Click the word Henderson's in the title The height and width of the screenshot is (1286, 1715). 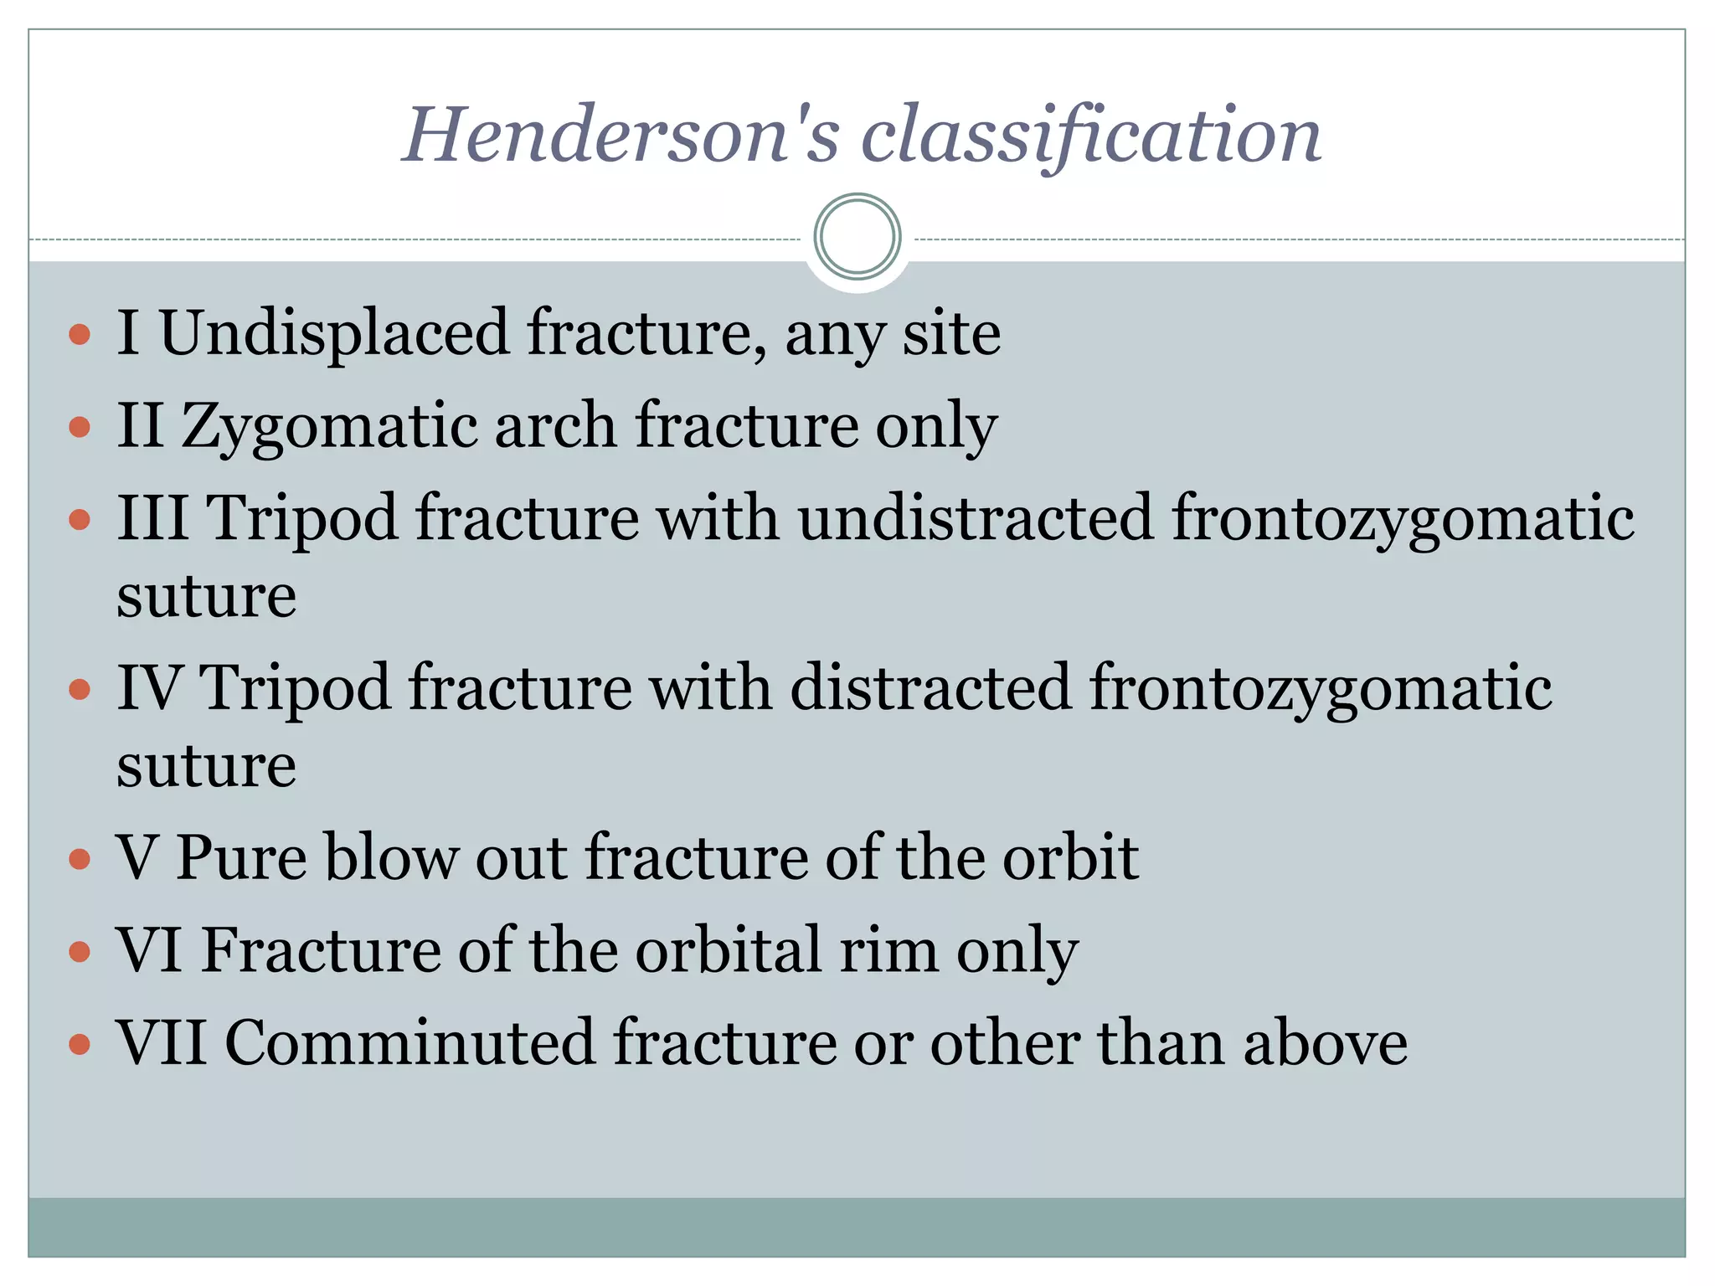coord(621,136)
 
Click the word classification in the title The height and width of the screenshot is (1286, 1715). coord(1090,136)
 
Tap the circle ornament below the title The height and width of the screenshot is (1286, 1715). coord(857,237)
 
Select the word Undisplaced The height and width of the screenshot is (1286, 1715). coord(334,333)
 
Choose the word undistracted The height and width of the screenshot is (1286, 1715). coord(975,517)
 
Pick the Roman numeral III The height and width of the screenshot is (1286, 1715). coord(152,517)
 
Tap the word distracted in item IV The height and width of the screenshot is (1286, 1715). coord(930,687)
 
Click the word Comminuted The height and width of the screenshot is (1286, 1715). coord(409,1043)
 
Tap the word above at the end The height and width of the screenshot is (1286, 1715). coord(1326,1043)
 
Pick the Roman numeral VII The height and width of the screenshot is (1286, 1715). coord(162,1043)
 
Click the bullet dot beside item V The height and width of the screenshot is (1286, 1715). coord(80,859)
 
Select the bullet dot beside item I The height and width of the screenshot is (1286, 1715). coord(80,336)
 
